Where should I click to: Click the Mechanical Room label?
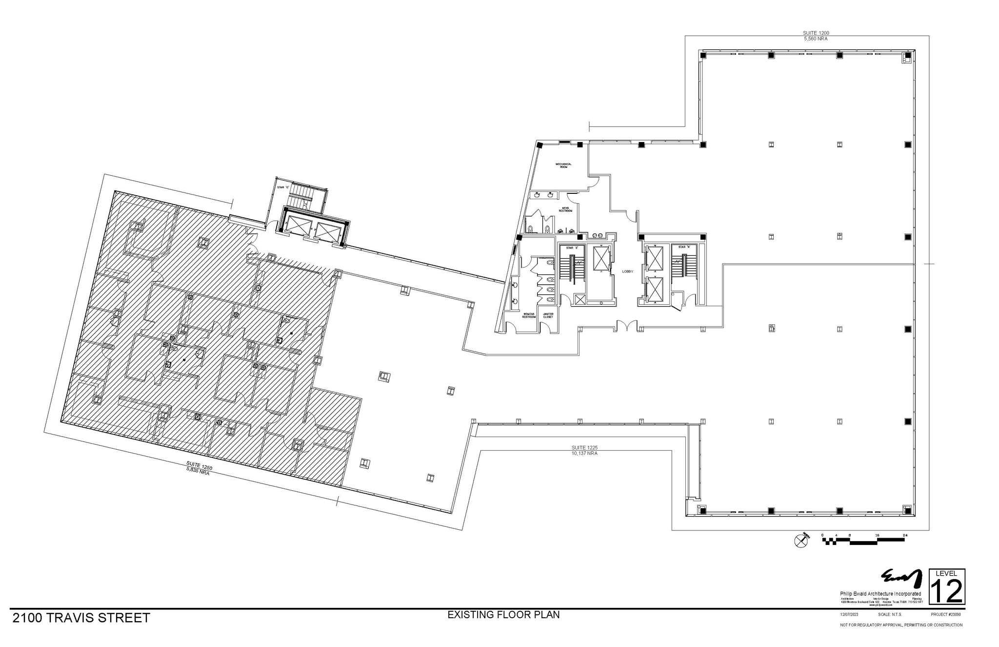pyautogui.click(x=563, y=166)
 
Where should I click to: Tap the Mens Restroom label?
pyautogui.click(x=565, y=209)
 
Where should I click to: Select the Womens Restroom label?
pyautogui.click(x=529, y=315)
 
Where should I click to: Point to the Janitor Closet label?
pyautogui.click(x=548, y=315)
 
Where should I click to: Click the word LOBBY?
pyautogui.click(x=627, y=271)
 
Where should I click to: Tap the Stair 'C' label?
pyautogui.click(x=283, y=187)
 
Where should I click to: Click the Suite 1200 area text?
pyautogui.click(x=816, y=36)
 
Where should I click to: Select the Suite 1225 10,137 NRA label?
pyautogui.click(x=584, y=450)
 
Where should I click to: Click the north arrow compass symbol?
pyautogui.click(x=800, y=541)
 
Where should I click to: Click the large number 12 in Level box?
pyautogui.click(x=947, y=591)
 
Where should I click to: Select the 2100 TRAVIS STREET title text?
pyautogui.click(x=81, y=618)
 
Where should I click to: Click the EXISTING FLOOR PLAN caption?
pyautogui.click(x=503, y=615)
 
